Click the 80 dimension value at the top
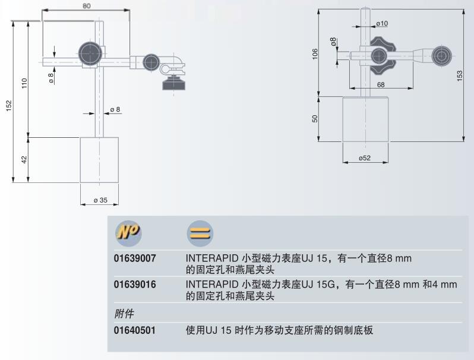pos(86,7)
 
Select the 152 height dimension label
pos(9,105)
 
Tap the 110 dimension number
pos(24,83)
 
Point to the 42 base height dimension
pos(24,160)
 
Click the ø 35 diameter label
pos(100,200)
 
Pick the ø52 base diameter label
pos(365,158)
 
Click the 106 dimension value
pos(315,53)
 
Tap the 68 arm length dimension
pos(380,84)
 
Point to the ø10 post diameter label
pos(381,24)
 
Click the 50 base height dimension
pos(315,118)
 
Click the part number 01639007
pos(135,259)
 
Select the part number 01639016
pos(135,285)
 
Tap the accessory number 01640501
pos(135,330)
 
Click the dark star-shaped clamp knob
pos(377,55)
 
